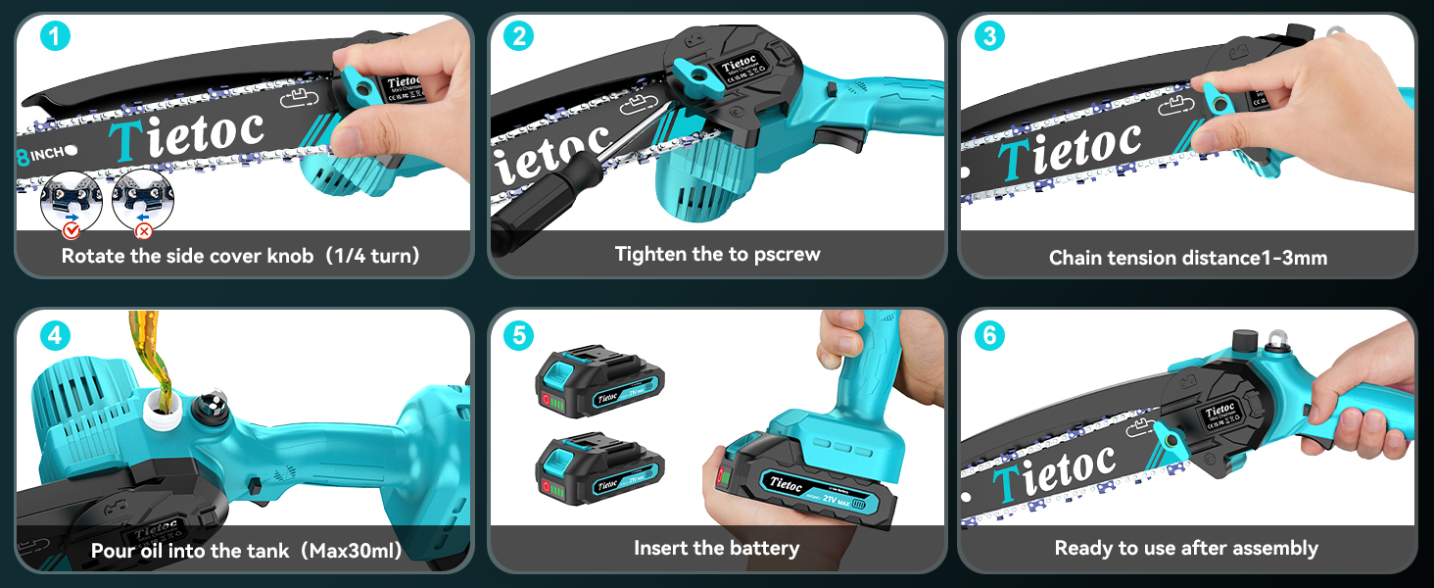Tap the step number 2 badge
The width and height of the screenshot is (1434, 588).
[518, 37]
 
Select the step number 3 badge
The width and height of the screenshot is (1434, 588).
[989, 37]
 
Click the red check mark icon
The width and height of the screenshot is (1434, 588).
[71, 231]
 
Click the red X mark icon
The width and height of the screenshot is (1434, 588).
[143, 231]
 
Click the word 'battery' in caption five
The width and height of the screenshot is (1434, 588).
[763, 549]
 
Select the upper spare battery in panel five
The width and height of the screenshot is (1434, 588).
[598, 380]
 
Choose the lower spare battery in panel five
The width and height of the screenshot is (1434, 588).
[598, 468]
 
